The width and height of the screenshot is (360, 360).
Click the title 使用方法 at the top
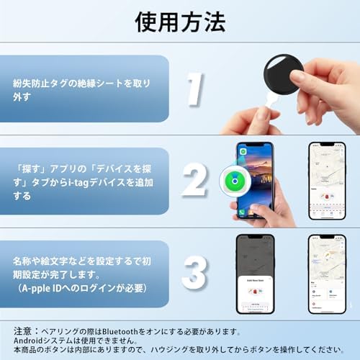click(180, 22)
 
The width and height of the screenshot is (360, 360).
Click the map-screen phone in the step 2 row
click(326, 180)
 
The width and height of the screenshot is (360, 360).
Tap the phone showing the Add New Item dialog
click(255, 274)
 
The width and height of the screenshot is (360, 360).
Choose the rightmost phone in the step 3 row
click(326, 274)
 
